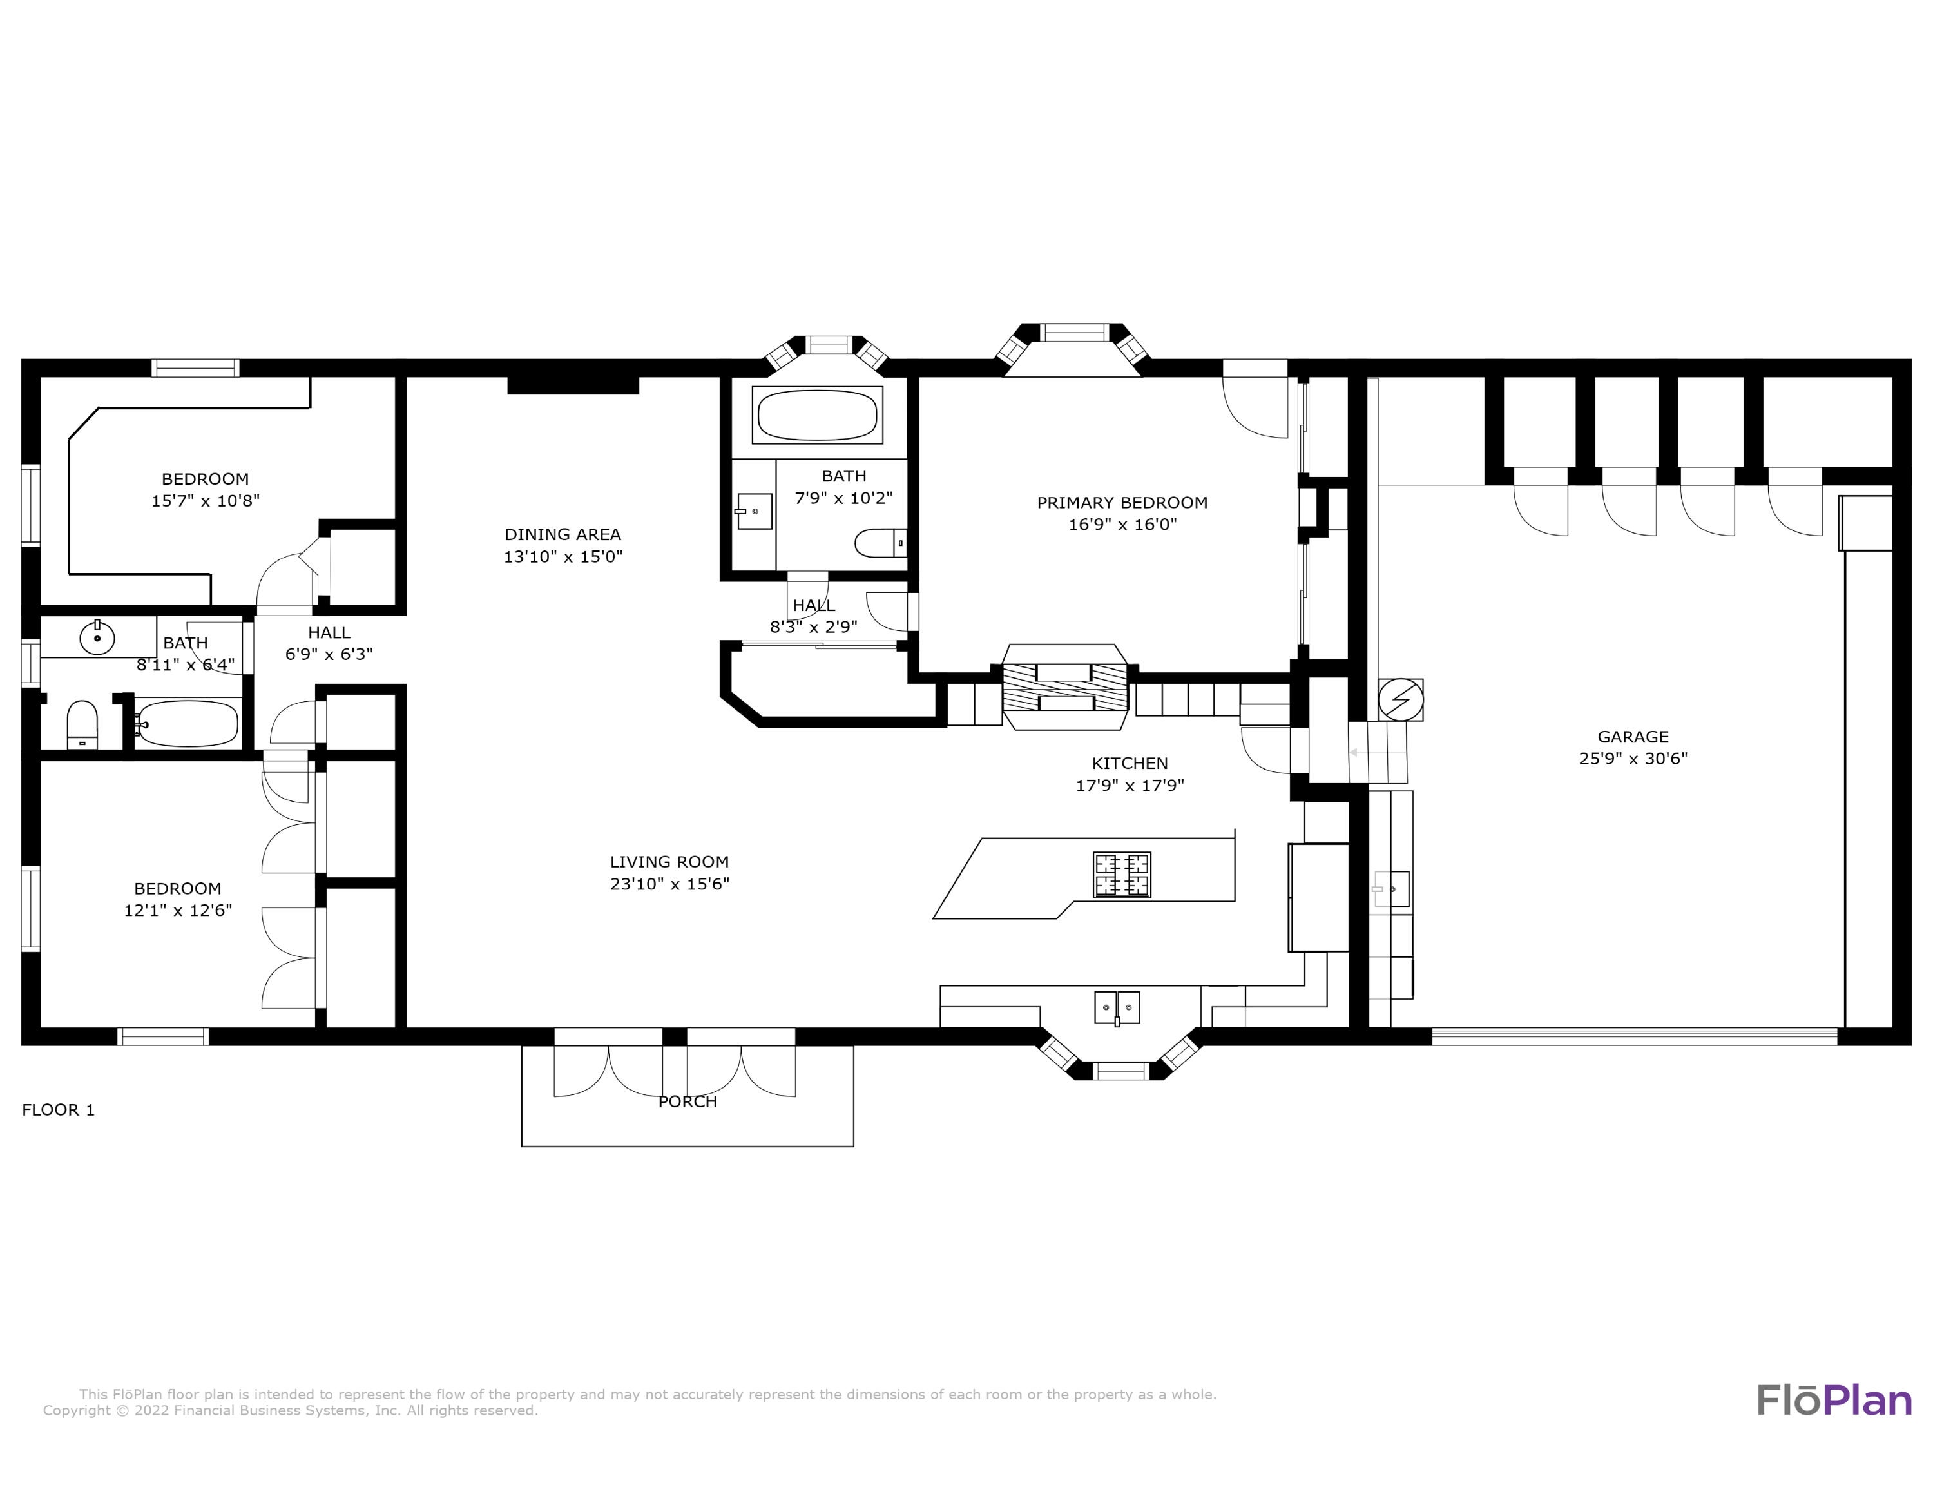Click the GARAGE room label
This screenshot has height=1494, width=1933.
(x=1633, y=737)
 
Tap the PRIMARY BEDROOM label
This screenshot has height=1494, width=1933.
(x=1122, y=503)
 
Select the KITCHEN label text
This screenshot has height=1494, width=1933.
(x=1130, y=763)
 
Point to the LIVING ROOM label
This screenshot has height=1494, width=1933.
(x=669, y=861)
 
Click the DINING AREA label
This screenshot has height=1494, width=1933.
(x=563, y=534)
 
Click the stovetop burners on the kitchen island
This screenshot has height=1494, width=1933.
(x=1122, y=875)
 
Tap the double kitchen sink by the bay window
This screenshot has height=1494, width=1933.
(x=1117, y=1008)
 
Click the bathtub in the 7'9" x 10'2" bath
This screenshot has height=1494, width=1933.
(x=818, y=415)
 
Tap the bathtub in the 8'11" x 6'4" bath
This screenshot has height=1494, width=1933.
(x=188, y=724)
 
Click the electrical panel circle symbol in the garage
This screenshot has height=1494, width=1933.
(x=1400, y=700)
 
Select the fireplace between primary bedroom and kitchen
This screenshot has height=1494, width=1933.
(x=1066, y=687)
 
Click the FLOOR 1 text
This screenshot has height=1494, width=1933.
(x=59, y=1110)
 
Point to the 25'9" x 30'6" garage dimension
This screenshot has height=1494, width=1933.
(x=1633, y=759)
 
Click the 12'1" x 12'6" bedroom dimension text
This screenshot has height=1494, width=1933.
(x=178, y=910)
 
